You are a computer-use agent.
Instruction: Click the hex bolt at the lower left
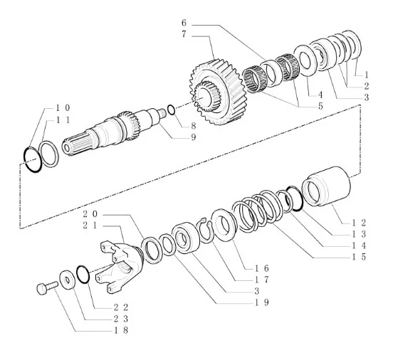click(x=46, y=287)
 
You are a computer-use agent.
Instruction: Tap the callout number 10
click(x=63, y=108)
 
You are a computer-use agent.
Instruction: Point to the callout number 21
click(x=90, y=225)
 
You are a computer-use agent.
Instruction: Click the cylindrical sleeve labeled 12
click(x=326, y=186)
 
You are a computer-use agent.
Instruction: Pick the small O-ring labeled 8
click(x=172, y=110)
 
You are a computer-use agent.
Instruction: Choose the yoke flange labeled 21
click(x=120, y=267)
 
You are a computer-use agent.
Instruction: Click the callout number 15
click(x=359, y=257)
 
